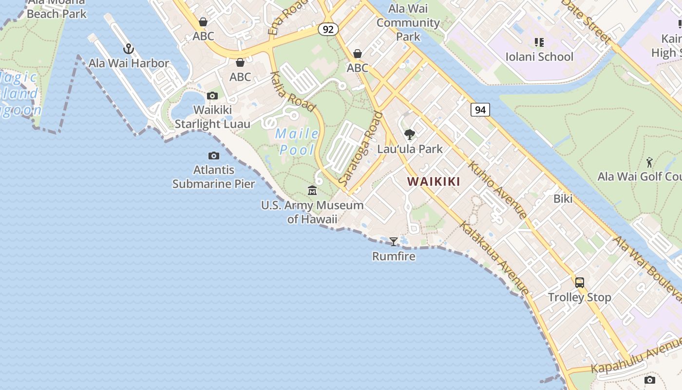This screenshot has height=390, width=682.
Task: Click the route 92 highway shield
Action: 328,29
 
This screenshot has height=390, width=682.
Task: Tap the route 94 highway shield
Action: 480,110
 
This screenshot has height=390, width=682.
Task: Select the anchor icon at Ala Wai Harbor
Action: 129,49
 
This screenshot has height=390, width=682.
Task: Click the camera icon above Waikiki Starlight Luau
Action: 212,96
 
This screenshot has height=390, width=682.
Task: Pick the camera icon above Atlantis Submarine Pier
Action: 213,156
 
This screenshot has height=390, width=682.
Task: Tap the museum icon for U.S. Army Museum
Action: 312,190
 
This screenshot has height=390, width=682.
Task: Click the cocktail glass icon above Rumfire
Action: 394,241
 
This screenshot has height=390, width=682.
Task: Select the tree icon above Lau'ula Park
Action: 410,135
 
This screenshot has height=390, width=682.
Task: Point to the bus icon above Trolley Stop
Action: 579,282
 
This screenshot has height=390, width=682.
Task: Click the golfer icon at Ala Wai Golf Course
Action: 649,162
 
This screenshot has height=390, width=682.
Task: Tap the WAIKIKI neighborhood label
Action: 434,182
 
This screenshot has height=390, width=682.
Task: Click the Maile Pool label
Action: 297,141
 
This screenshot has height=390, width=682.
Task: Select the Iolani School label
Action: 539,57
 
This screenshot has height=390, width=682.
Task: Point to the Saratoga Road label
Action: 360,149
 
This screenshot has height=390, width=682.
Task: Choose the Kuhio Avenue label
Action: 497,188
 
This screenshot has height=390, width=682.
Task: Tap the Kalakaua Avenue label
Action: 494,258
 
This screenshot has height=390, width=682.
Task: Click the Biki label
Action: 563,199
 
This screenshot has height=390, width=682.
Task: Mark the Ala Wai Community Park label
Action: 408,22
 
